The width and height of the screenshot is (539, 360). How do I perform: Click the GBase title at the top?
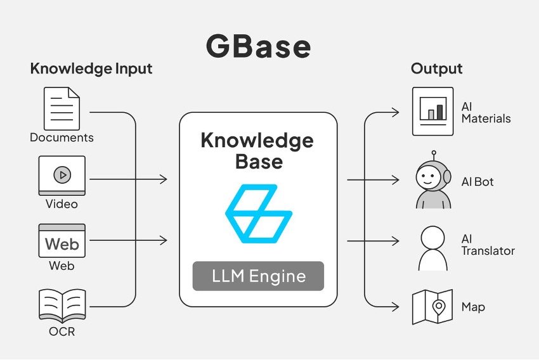pos(258,48)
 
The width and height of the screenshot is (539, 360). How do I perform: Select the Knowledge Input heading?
pos(91,68)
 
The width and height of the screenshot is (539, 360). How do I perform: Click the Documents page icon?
pos(62,108)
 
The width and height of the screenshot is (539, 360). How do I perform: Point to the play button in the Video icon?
pos(62,174)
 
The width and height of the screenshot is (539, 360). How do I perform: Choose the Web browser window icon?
pos(62,240)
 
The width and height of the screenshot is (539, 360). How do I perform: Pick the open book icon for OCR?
pos(62,306)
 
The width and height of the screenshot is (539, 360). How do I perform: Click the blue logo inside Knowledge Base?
pos(258,214)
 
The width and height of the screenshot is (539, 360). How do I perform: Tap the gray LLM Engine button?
pos(258,276)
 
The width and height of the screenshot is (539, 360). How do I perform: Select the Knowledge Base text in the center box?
pos(257,150)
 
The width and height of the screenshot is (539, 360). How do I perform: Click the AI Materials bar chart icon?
pos(433,112)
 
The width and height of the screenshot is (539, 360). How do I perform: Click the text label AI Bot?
pos(477,182)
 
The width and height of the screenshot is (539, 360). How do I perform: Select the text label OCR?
pos(62,331)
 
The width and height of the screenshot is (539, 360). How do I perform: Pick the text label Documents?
pos(62,138)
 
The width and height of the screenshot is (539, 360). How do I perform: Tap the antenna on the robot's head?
pos(434,154)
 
